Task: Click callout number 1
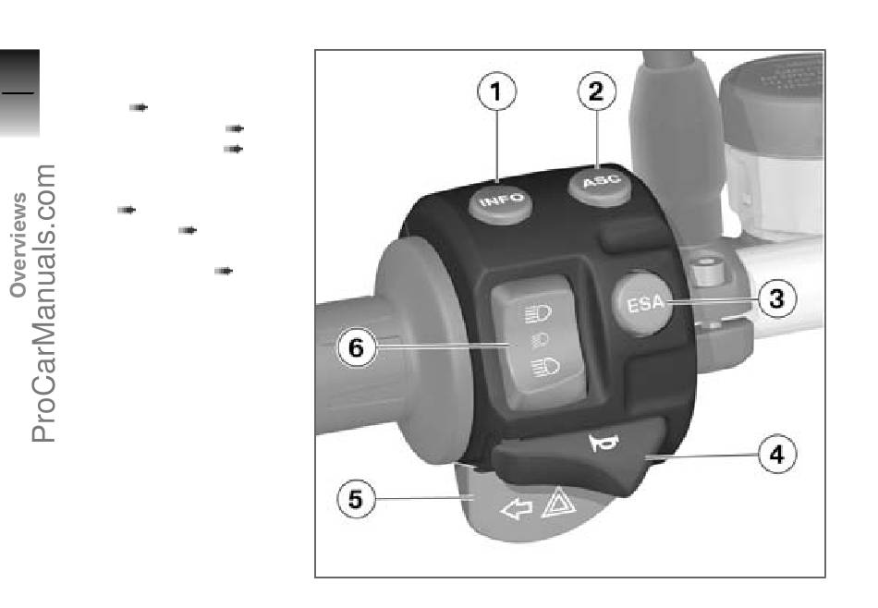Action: click(x=496, y=91)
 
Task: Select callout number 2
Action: click(x=597, y=91)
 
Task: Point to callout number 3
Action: click(x=777, y=298)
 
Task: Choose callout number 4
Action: click(x=777, y=455)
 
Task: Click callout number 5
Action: click(x=356, y=499)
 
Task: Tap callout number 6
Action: click(x=356, y=347)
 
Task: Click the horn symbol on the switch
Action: click(x=604, y=443)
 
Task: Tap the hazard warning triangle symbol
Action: click(x=558, y=503)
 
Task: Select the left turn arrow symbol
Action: click(x=516, y=509)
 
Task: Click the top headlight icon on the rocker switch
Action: click(x=539, y=313)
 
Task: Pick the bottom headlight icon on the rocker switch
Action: click(x=545, y=367)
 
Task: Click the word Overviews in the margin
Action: click(x=18, y=245)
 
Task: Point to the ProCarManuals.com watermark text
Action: click(x=43, y=303)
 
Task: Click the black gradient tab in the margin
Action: click(x=19, y=92)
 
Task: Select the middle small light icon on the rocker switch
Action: click(x=541, y=339)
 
